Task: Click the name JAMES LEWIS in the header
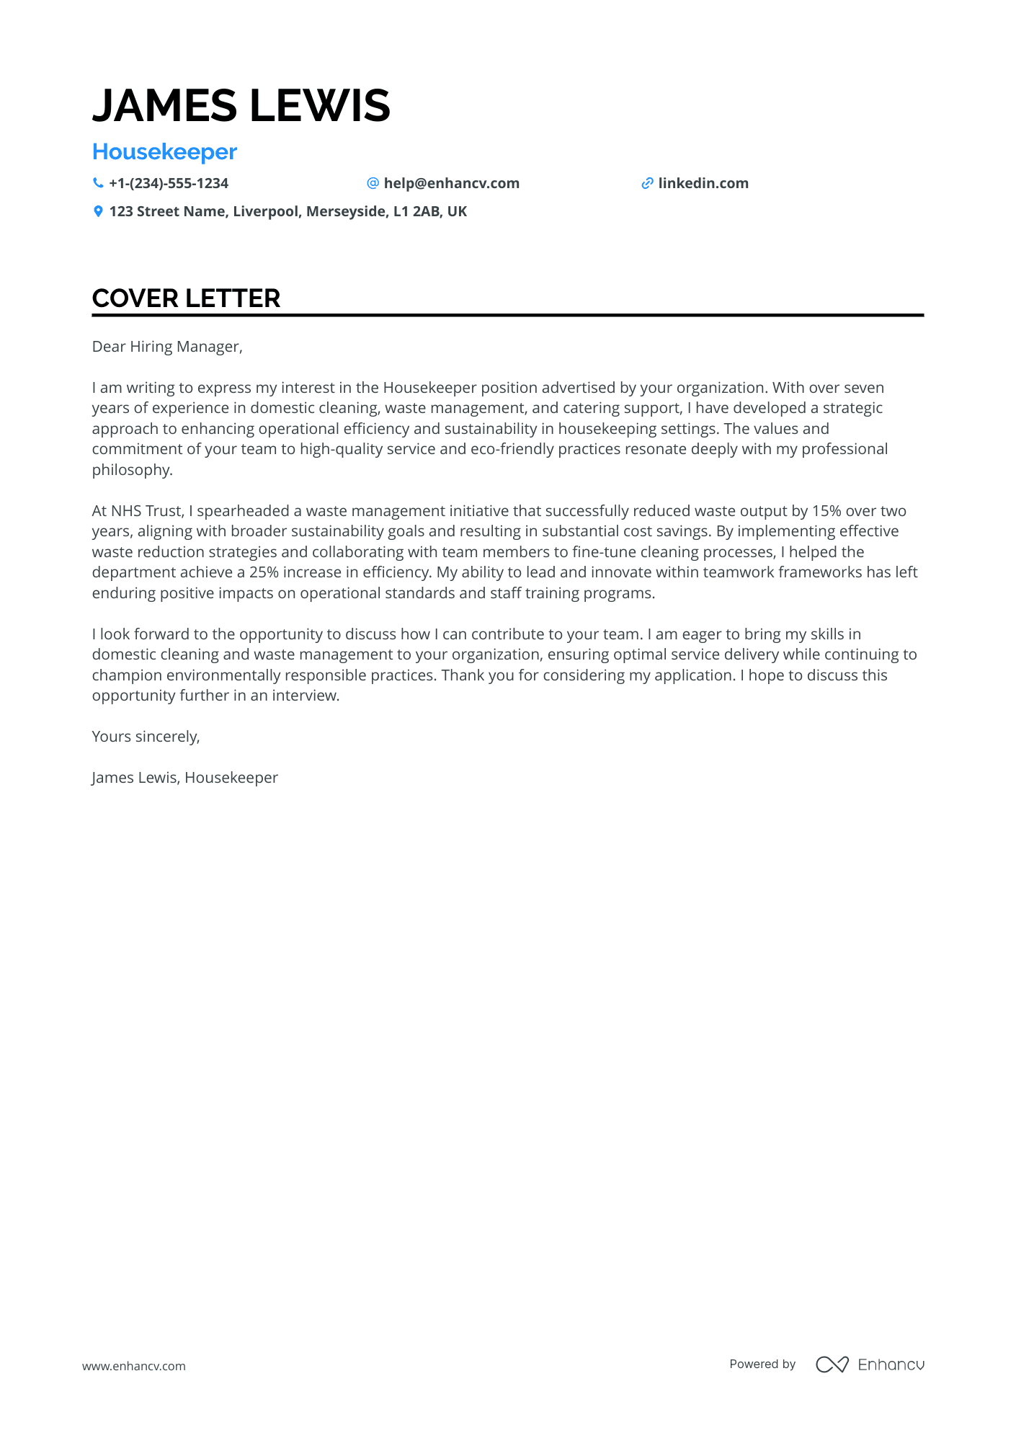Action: coord(241,105)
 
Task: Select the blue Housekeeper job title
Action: coord(164,152)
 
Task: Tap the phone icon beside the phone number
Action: coord(98,183)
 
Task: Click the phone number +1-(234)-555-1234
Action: coord(169,183)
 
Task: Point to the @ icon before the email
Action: coord(373,183)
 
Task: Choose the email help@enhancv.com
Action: coord(451,183)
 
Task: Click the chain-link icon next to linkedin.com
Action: coord(647,183)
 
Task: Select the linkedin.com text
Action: coord(703,183)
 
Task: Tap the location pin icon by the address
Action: coord(98,211)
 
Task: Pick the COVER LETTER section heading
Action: coord(186,298)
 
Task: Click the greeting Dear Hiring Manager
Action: coord(167,347)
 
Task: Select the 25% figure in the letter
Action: coord(264,572)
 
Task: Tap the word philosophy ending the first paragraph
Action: coord(132,470)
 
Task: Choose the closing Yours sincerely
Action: coord(146,737)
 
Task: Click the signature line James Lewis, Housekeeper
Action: coord(184,778)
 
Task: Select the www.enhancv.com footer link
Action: coord(134,1366)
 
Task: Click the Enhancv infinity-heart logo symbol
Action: coord(832,1364)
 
